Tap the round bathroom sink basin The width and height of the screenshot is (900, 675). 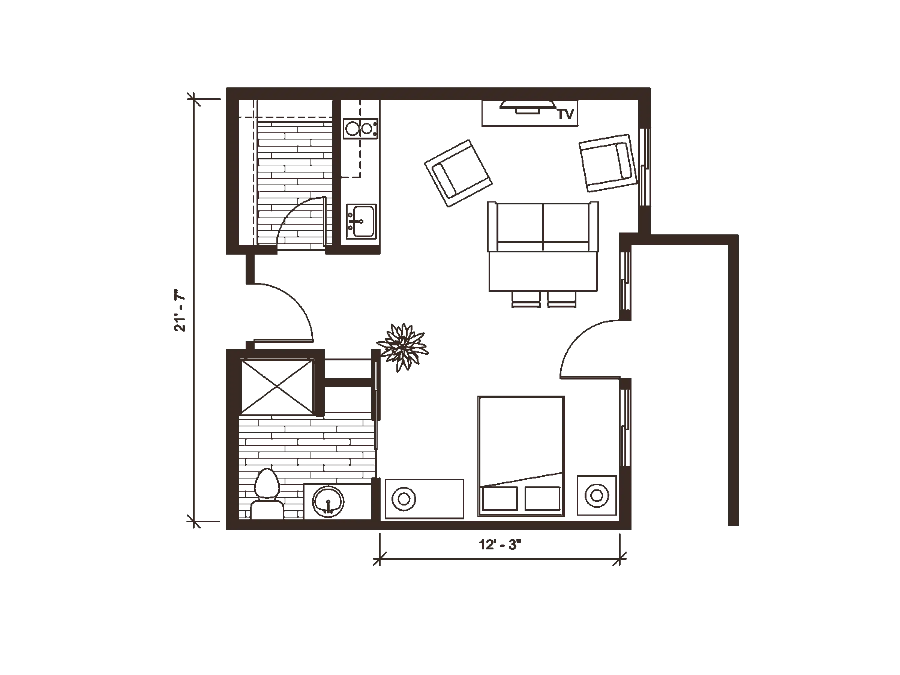[x=328, y=501]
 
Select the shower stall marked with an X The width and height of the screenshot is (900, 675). [x=277, y=387]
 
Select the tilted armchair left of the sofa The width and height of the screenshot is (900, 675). [x=459, y=172]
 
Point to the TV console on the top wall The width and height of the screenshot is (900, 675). [x=529, y=115]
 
